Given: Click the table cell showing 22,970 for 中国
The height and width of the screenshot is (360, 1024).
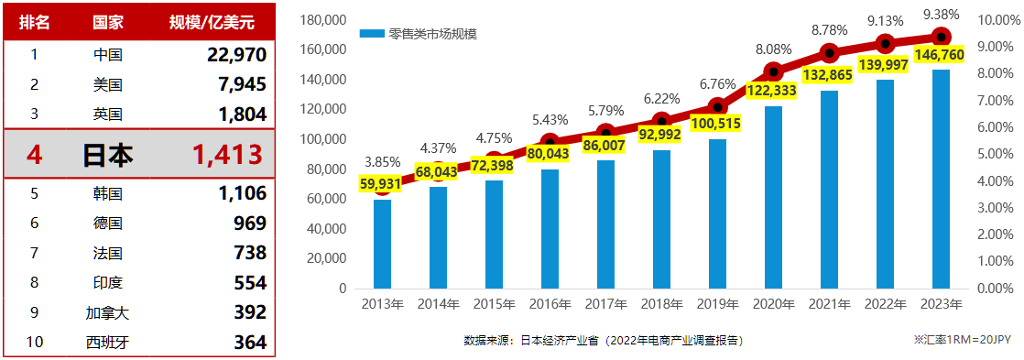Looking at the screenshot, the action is pyautogui.click(x=236, y=54).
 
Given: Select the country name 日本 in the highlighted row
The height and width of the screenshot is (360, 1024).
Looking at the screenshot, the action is pyautogui.click(x=108, y=154).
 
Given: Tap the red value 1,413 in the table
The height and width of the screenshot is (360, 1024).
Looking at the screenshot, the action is pyautogui.click(x=227, y=154).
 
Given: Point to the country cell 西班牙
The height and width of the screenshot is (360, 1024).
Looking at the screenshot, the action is pyautogui.click(x=108, y=342).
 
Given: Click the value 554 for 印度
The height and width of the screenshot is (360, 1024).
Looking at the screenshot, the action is pyautogui.click(x=250, y=282).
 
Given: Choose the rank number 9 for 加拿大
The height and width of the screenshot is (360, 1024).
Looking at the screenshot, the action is pyautogui.click(x=34, y=312).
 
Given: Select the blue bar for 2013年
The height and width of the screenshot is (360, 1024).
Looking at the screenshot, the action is pyautogui.click(x=382, y=244).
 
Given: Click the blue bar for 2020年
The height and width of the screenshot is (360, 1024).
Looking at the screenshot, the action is pyautogui.click(x=773, y=197).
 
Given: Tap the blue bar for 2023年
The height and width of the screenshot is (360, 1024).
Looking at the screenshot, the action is pyautogui.click(x=941, y=179).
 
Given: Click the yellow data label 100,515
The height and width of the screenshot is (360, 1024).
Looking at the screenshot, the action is pyautogui.click(x=718, y=125).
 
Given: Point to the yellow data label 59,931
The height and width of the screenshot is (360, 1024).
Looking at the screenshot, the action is pyautogui.click(x=382, y=183).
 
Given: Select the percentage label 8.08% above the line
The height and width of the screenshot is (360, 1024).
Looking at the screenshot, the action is pyautogui.click(x=773, y=49).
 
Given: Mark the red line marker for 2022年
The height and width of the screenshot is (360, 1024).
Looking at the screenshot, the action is pyautogui.click(x=885, y=44).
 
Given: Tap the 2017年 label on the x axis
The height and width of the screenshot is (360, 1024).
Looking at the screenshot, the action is pyautogui.click(x=605, y=304).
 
